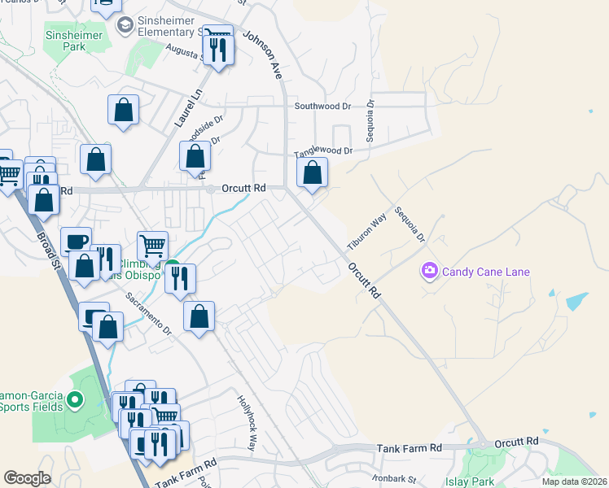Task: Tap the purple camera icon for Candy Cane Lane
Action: click(429, 270)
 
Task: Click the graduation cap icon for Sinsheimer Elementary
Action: click(125, 27)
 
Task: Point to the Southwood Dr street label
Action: click(322, 106)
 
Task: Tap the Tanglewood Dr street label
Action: click(323, 150)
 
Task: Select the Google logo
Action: click(27, 478)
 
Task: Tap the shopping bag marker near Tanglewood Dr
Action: click(313, 172)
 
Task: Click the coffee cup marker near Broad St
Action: click(76, 242)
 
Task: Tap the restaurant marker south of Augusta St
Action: click(217, 50)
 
